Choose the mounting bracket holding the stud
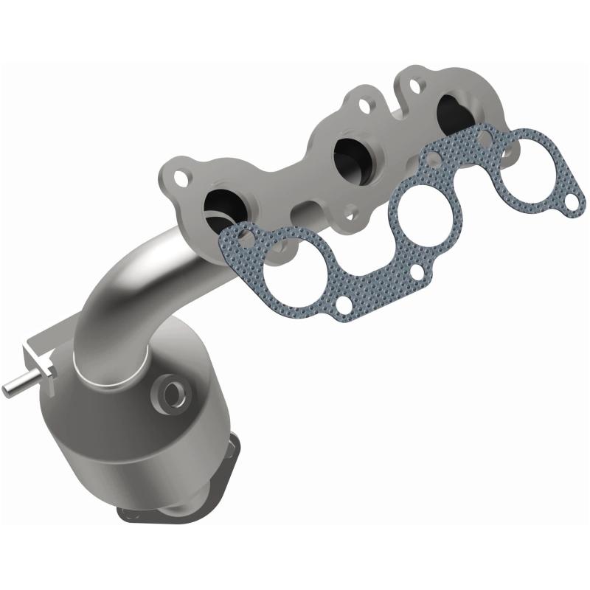pos(44,361)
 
